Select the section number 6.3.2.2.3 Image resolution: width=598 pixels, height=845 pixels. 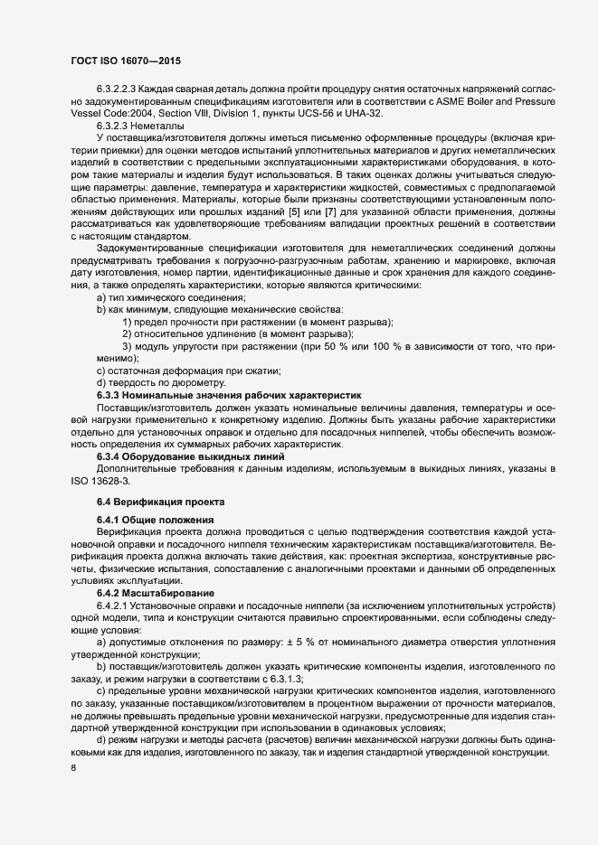pyautogui.click(x=120, y=89)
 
